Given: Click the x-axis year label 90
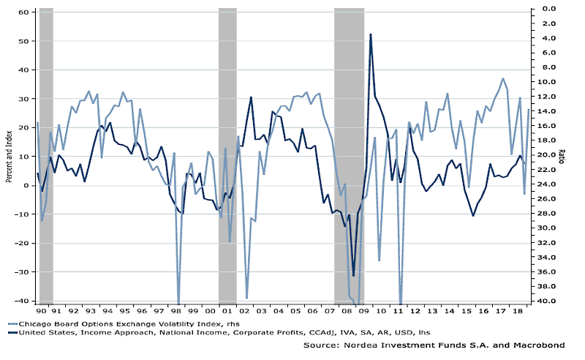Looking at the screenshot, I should tap(41, 310).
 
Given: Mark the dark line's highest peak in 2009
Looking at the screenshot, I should tap(371, 34).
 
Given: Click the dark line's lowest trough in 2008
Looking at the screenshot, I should tap(353, 276).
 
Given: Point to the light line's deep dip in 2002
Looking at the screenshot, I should tap(247, 298).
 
